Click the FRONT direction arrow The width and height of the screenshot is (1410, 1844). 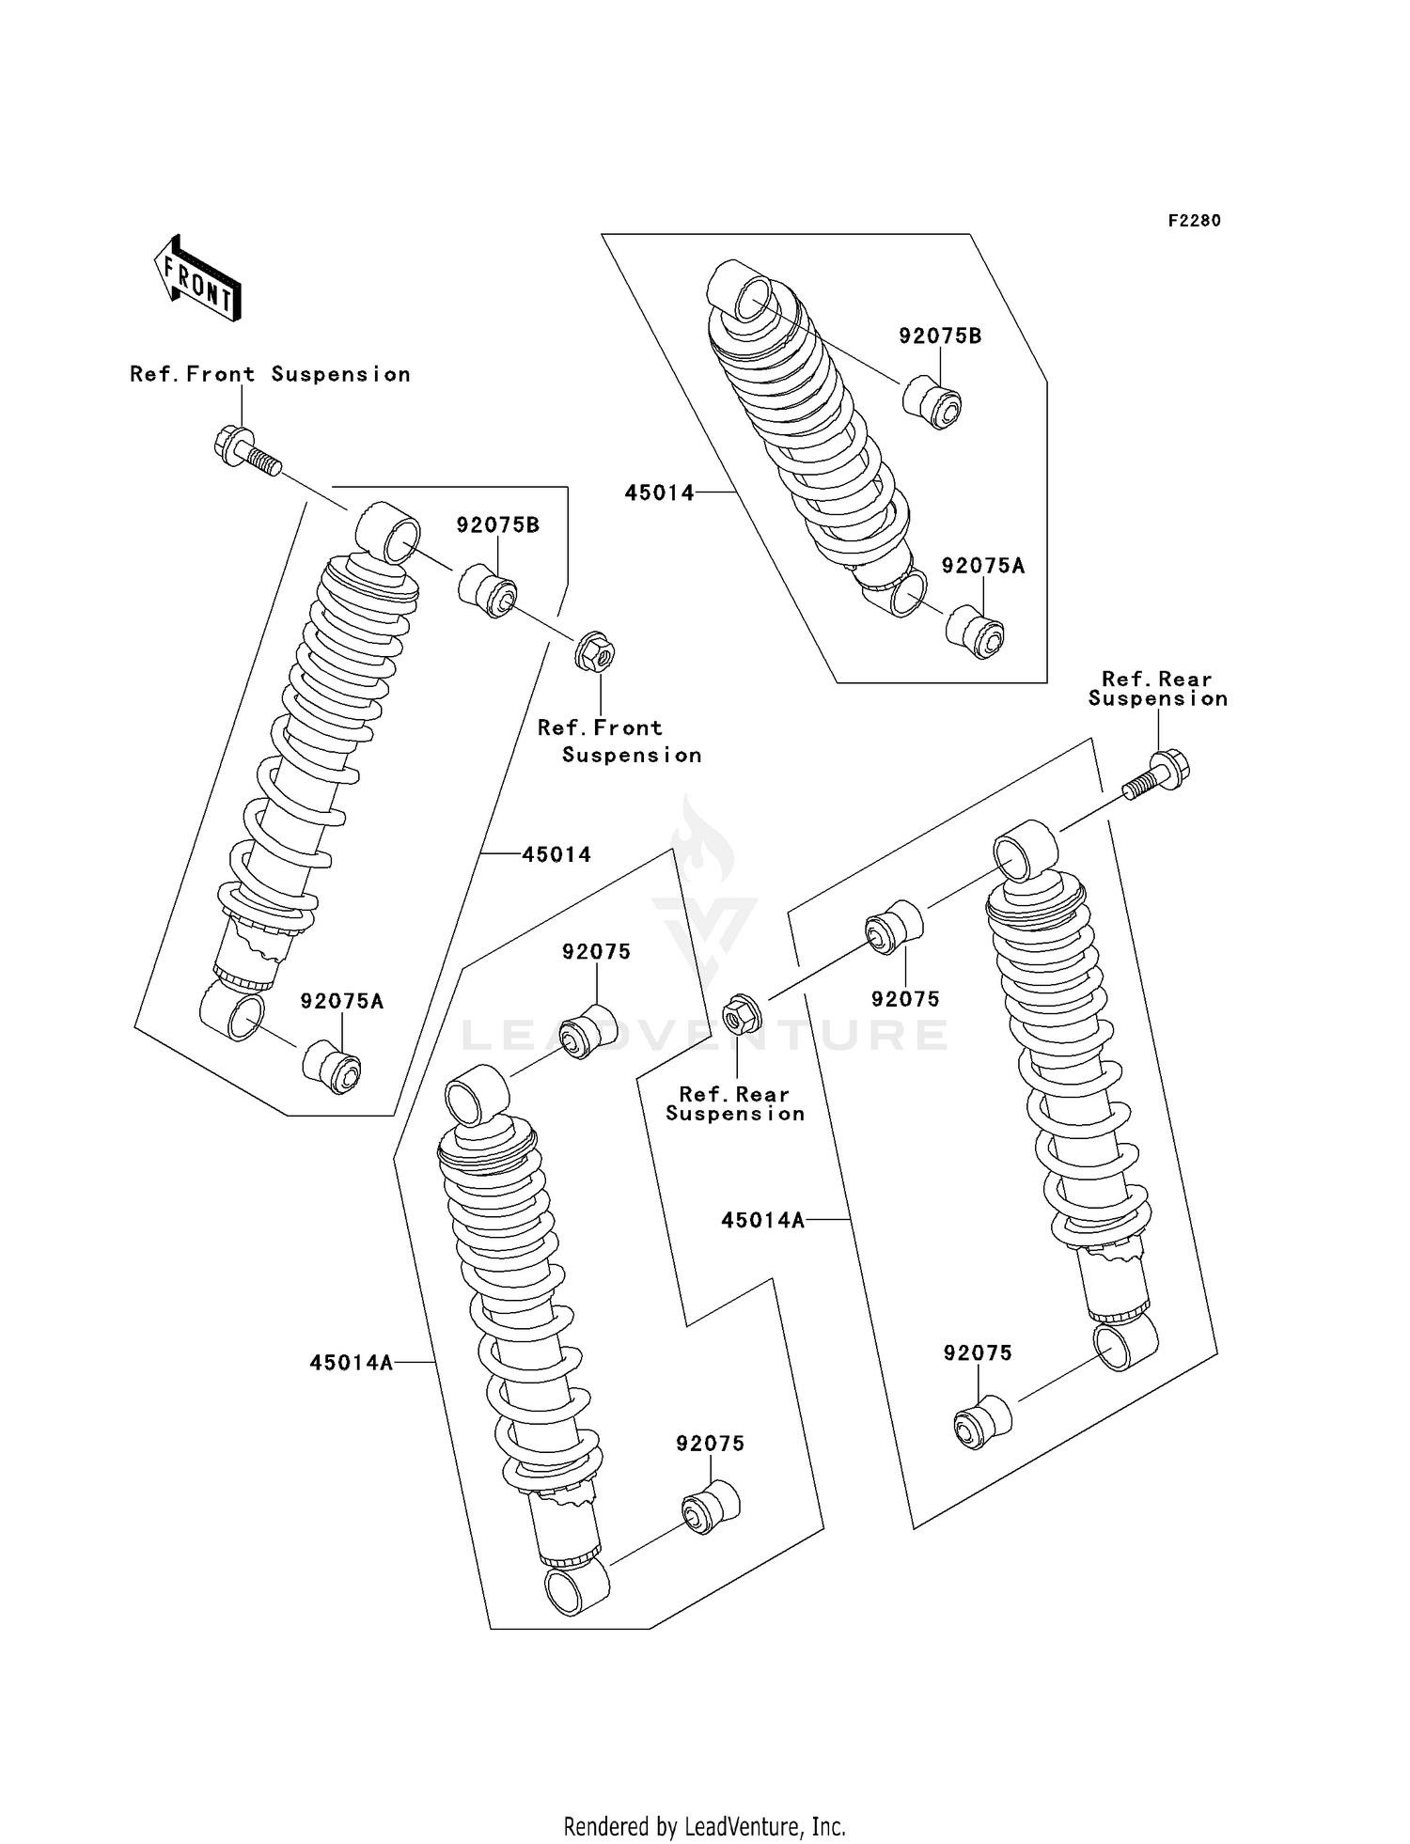[198, 279]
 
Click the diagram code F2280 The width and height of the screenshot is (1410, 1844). [1194, 221]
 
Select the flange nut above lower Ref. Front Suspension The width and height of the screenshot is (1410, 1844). [594, 651]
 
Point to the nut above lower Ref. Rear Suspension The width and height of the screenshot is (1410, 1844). [741, 1014]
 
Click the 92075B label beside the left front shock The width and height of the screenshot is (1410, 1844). [498, 525]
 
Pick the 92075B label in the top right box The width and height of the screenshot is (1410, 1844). [940, 336]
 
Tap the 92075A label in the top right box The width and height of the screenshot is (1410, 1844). [983, 566]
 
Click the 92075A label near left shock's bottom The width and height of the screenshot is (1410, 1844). [342, 1002]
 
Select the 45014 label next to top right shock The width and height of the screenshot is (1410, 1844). [660, 492]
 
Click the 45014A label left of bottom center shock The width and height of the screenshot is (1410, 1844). [352, 1363]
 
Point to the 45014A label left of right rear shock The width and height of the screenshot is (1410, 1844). [763, 1220]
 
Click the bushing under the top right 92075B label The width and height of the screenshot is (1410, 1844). [932, 402]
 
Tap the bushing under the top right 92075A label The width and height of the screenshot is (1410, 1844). [975, 633]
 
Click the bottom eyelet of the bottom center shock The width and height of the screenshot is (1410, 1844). [576, 1587]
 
